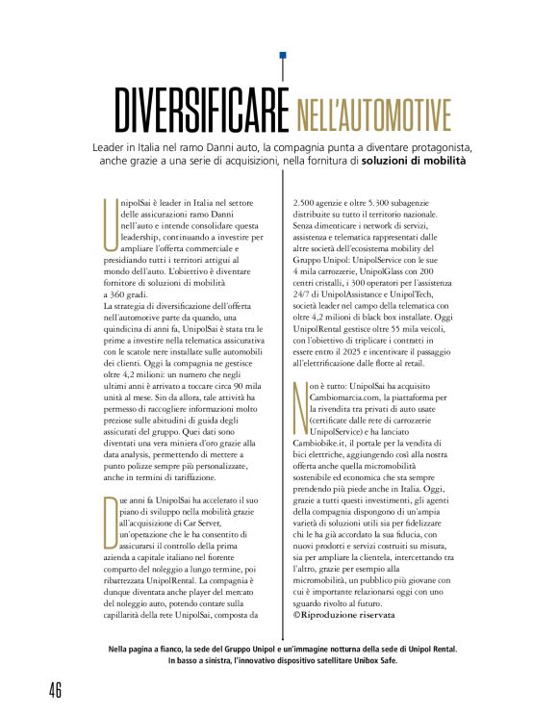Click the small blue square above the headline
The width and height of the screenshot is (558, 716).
coord(282,57)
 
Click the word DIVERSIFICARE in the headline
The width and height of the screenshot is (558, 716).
coord(201,112)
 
